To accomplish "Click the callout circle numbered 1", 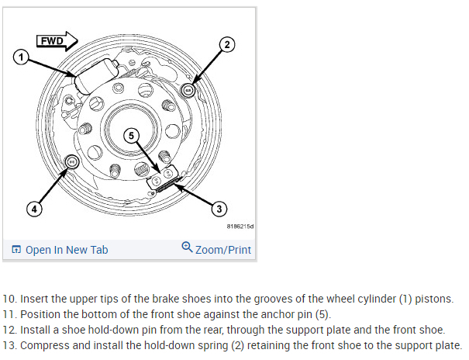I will (22, 56).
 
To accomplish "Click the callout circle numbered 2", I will (226, 45).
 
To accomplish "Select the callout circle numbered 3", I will (219, 208).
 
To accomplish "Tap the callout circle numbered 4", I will (33, 208).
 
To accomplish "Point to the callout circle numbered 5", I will (132, 135).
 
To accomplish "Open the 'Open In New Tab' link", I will (67, 249).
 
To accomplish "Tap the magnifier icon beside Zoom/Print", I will (187, 247).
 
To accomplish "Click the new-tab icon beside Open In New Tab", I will (16, 250).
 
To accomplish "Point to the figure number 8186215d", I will (240, 227).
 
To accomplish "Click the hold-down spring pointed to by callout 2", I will (186, 90).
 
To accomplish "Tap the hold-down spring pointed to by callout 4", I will (72, 162).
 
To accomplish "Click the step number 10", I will (9, 299).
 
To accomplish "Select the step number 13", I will (9, 345).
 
